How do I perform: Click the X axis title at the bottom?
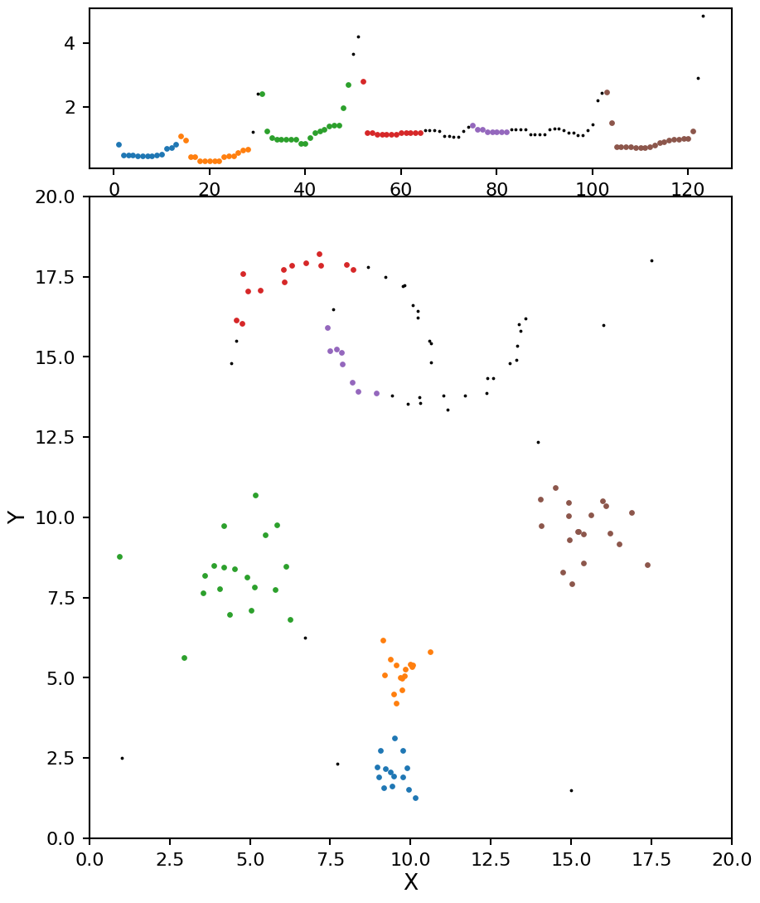click(410, 883)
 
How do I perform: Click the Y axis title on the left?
click(16, 517)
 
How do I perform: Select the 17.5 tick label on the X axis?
click(651, 859)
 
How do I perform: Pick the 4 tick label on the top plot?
click(72, 43)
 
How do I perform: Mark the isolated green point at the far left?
click(119, 556)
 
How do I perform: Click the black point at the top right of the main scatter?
click(651, 260)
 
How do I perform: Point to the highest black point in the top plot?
click(703, 16)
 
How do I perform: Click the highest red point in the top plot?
click(363, 81)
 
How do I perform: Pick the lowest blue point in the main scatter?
click(415, 798)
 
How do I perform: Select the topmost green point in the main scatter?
click(255, 495)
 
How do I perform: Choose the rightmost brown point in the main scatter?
click(647, 565)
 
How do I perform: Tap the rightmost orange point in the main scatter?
click(430, 652)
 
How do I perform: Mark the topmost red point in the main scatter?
click(319, 255)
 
